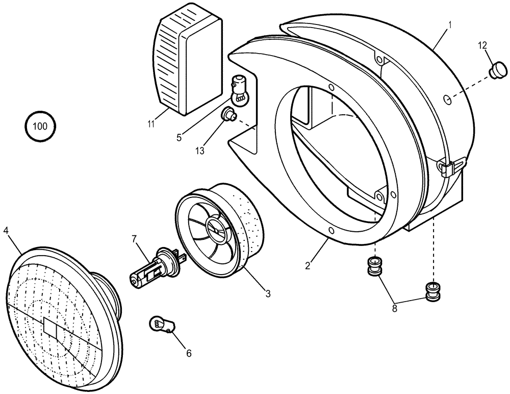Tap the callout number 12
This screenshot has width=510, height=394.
coord(482,45)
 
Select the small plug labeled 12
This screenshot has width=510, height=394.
coord(495,69)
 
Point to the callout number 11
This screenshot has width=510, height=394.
coord(151,123)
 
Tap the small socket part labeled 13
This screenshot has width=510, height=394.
coord(229,116)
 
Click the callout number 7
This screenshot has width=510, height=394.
coord(134,239)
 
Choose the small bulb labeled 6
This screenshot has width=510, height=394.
coord(160,323)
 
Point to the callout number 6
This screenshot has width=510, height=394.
coord(189,353)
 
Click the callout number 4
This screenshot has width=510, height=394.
coord(6,230)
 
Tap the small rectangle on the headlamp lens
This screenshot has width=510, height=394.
coord(52,328)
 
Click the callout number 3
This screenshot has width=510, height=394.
coord(268,293)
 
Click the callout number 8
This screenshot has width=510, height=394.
coord(395,308)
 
